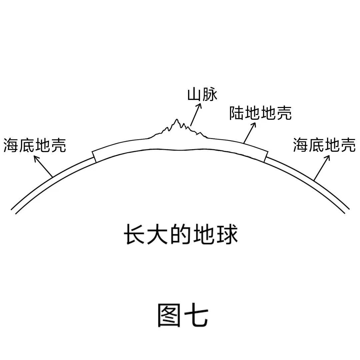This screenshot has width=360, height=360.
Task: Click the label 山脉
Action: tap(202, 95)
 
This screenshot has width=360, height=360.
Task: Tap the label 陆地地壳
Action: tap(261, 113)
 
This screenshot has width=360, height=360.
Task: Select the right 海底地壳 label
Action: tap(324, 145)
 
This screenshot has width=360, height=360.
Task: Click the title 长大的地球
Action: tap(181, 234)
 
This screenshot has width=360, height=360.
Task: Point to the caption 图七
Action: tap(183, 315)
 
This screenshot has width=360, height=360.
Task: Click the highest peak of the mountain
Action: tap(177, 119)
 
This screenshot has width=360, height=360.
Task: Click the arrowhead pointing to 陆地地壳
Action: tap(253, 125)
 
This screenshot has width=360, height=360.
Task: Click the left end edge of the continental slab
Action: tap(94, 157)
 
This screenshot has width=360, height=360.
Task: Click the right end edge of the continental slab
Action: tap(266, 157)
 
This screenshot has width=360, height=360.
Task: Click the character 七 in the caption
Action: tap(197, 315)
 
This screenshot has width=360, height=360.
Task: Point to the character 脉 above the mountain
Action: tap(210, 95)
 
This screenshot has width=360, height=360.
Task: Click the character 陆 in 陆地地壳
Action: tap(237, 113)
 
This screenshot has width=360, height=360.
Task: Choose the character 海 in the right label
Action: tap(301, 145)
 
